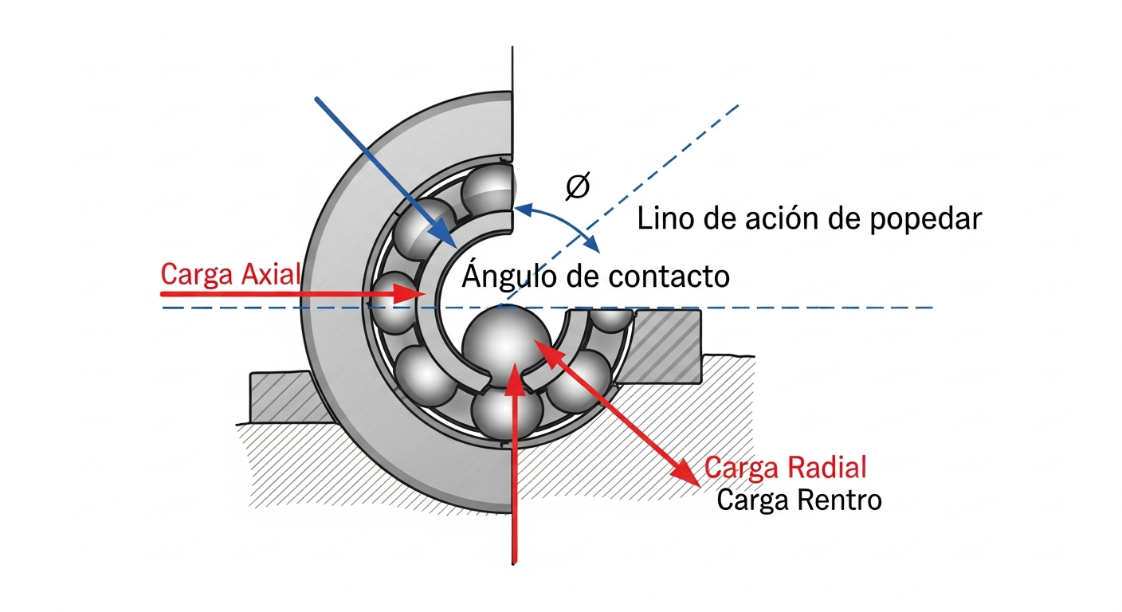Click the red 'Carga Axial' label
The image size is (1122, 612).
230,274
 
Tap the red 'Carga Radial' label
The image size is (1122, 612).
786,468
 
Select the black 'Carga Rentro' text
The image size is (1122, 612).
799,500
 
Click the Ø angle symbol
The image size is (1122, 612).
577,186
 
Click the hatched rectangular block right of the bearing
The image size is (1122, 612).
668,343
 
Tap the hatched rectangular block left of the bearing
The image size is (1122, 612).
279,396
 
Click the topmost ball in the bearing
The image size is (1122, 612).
488,189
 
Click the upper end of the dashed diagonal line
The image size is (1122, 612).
739,105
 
